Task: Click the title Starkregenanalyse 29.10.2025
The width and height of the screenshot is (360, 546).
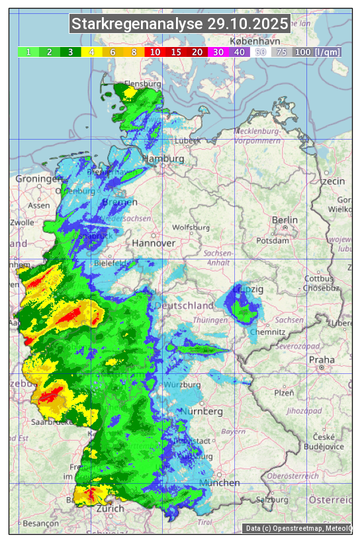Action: click(180, 24)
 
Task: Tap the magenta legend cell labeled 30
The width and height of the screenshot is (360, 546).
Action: click(218, 52)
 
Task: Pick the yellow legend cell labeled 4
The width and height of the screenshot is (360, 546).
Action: click(91, 52)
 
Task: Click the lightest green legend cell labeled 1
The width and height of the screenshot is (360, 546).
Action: click(28, 52)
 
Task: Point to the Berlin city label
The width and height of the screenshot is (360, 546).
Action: click(285, 220)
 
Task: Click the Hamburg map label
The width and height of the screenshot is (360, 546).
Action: click(163, 159)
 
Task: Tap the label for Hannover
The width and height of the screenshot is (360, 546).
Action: click(154, 243)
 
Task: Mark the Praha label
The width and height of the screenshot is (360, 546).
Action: click(326, 359)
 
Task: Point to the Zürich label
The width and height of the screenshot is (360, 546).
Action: click(110, 508)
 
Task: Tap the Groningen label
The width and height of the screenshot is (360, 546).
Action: click(38, 179)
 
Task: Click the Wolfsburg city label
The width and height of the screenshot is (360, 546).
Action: click(191, 228)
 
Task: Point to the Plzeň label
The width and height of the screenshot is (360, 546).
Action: click(284, 392)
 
